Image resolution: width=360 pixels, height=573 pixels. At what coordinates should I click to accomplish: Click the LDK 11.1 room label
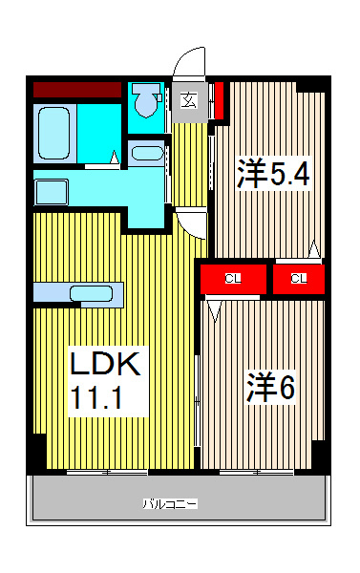106,378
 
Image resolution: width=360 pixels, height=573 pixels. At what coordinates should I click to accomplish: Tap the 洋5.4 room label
274,175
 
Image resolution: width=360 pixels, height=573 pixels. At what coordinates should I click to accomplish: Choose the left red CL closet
231,278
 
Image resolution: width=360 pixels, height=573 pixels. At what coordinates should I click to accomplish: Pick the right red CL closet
298,278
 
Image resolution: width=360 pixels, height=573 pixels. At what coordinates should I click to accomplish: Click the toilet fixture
145,98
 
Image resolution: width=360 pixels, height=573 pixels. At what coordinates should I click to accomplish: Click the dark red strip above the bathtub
76,90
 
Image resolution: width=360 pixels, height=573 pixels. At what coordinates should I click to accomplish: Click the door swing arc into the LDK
193,223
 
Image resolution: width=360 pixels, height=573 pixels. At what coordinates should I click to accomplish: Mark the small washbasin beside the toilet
147,152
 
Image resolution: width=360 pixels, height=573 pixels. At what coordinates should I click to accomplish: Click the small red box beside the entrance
219,98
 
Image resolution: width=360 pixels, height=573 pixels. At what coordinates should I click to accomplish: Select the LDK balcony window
107,472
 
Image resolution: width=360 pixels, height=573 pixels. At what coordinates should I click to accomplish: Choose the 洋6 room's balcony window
257,472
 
